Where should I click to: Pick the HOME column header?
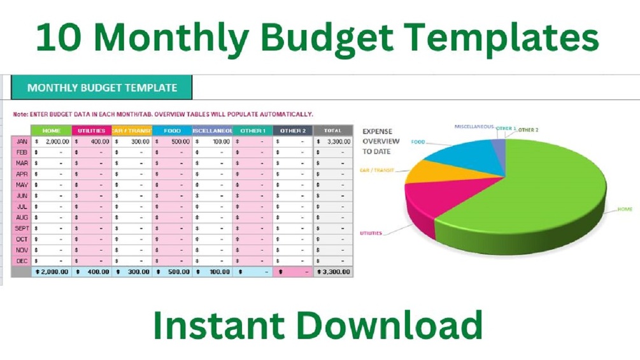coord(52,131)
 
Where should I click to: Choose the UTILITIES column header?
coord(92,131)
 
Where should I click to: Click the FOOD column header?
coord(172,131)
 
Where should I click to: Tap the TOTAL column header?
coord(332,131)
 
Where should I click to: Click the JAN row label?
coord(21,141)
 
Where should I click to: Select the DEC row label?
coord(21,261)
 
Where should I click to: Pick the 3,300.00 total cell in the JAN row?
coord(337,141)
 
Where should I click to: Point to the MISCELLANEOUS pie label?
coord(474,127)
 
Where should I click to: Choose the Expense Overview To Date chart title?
coord(381,141)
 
